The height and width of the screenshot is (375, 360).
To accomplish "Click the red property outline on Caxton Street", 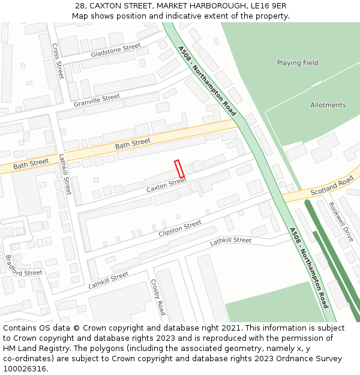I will click(179, 169).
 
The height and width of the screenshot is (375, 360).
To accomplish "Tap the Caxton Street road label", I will click(166, 186).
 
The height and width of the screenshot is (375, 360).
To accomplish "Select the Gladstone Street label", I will click(116, 50).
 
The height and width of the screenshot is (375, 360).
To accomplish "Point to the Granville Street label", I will click(97, 100).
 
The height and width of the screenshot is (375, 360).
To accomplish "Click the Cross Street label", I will click(58, 61).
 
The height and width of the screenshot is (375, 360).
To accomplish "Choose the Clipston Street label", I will click(180, 229).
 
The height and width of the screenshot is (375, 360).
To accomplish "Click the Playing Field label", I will click(298, 63).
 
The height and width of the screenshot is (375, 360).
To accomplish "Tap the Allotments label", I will click(328, 105).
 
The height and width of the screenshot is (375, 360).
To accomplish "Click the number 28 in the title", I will click(80, 6).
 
